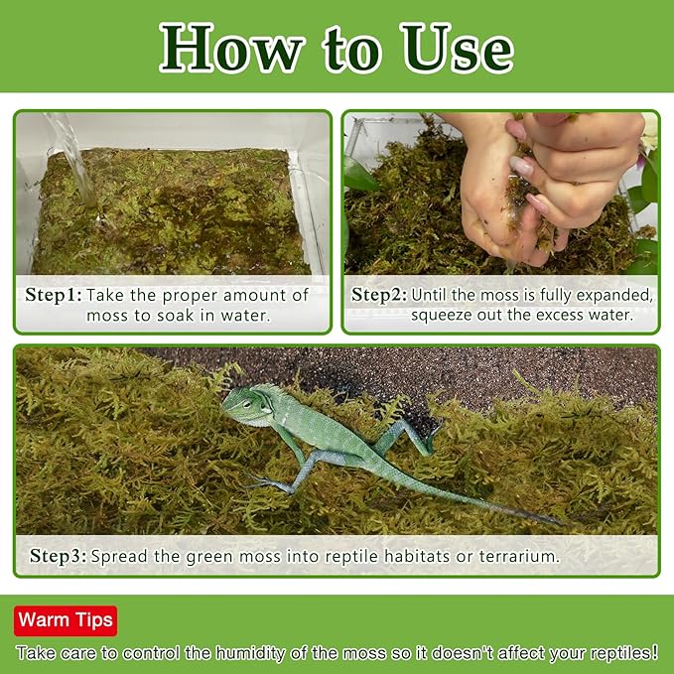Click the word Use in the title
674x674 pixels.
458,48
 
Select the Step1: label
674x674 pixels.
54,295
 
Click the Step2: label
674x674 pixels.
379,295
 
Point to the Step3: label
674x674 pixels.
58,556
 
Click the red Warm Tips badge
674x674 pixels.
66,620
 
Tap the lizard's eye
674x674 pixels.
247,404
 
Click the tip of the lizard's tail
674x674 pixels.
562,524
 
